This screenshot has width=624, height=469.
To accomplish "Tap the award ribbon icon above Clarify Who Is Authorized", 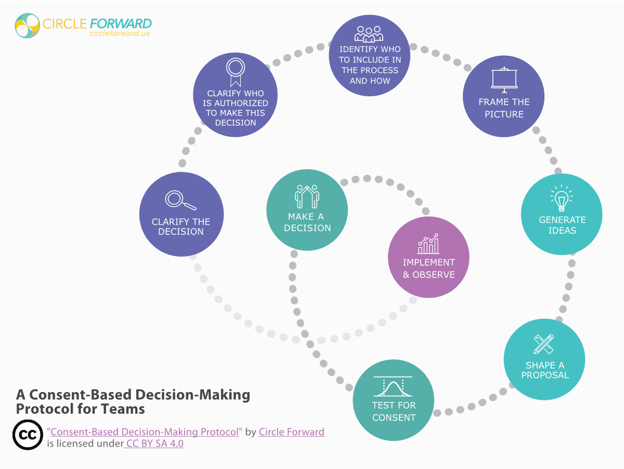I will pyautogui.click(x=235, y=72).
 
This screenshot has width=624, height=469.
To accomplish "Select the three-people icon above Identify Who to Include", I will pyautogui.click(x=369, y=33).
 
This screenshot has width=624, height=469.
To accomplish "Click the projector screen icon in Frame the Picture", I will pyautogui.click(x=504, y=79).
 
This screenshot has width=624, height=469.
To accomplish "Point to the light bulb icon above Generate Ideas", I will pyautogui.click(x=561, y=198).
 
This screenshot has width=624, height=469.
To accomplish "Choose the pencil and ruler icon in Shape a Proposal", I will pyautogui.click(x=544, y=344).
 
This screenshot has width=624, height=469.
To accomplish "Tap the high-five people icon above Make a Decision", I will pyautogui.click(x=307, y=196).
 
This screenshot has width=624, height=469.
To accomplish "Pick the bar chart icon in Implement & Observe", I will pyautogui.click(x=428, y=244).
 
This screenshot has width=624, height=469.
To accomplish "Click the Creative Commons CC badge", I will pyautogui.click(x=28, y=435).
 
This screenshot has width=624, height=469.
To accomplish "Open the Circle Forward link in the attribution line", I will pyautogui.click(x=291, y=432).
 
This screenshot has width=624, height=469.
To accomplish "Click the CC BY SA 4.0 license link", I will pyautogui.click(x=154, y=444).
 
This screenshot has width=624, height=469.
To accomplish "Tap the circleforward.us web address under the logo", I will pyautogui.click(x=120, y=33).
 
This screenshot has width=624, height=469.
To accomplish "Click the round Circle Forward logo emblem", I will pyautogui.click(x=28, y=26).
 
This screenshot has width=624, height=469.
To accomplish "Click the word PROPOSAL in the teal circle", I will pyautogui.click(x=544, y=375).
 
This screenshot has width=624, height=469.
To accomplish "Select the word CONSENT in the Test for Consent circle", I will pyautogui.click(x=394, y=417).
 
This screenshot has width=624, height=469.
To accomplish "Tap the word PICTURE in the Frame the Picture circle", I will pyautogui.click(x=504, y=115).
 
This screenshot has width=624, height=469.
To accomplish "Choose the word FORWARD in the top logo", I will pyautogui.click(x=121, y=23).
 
